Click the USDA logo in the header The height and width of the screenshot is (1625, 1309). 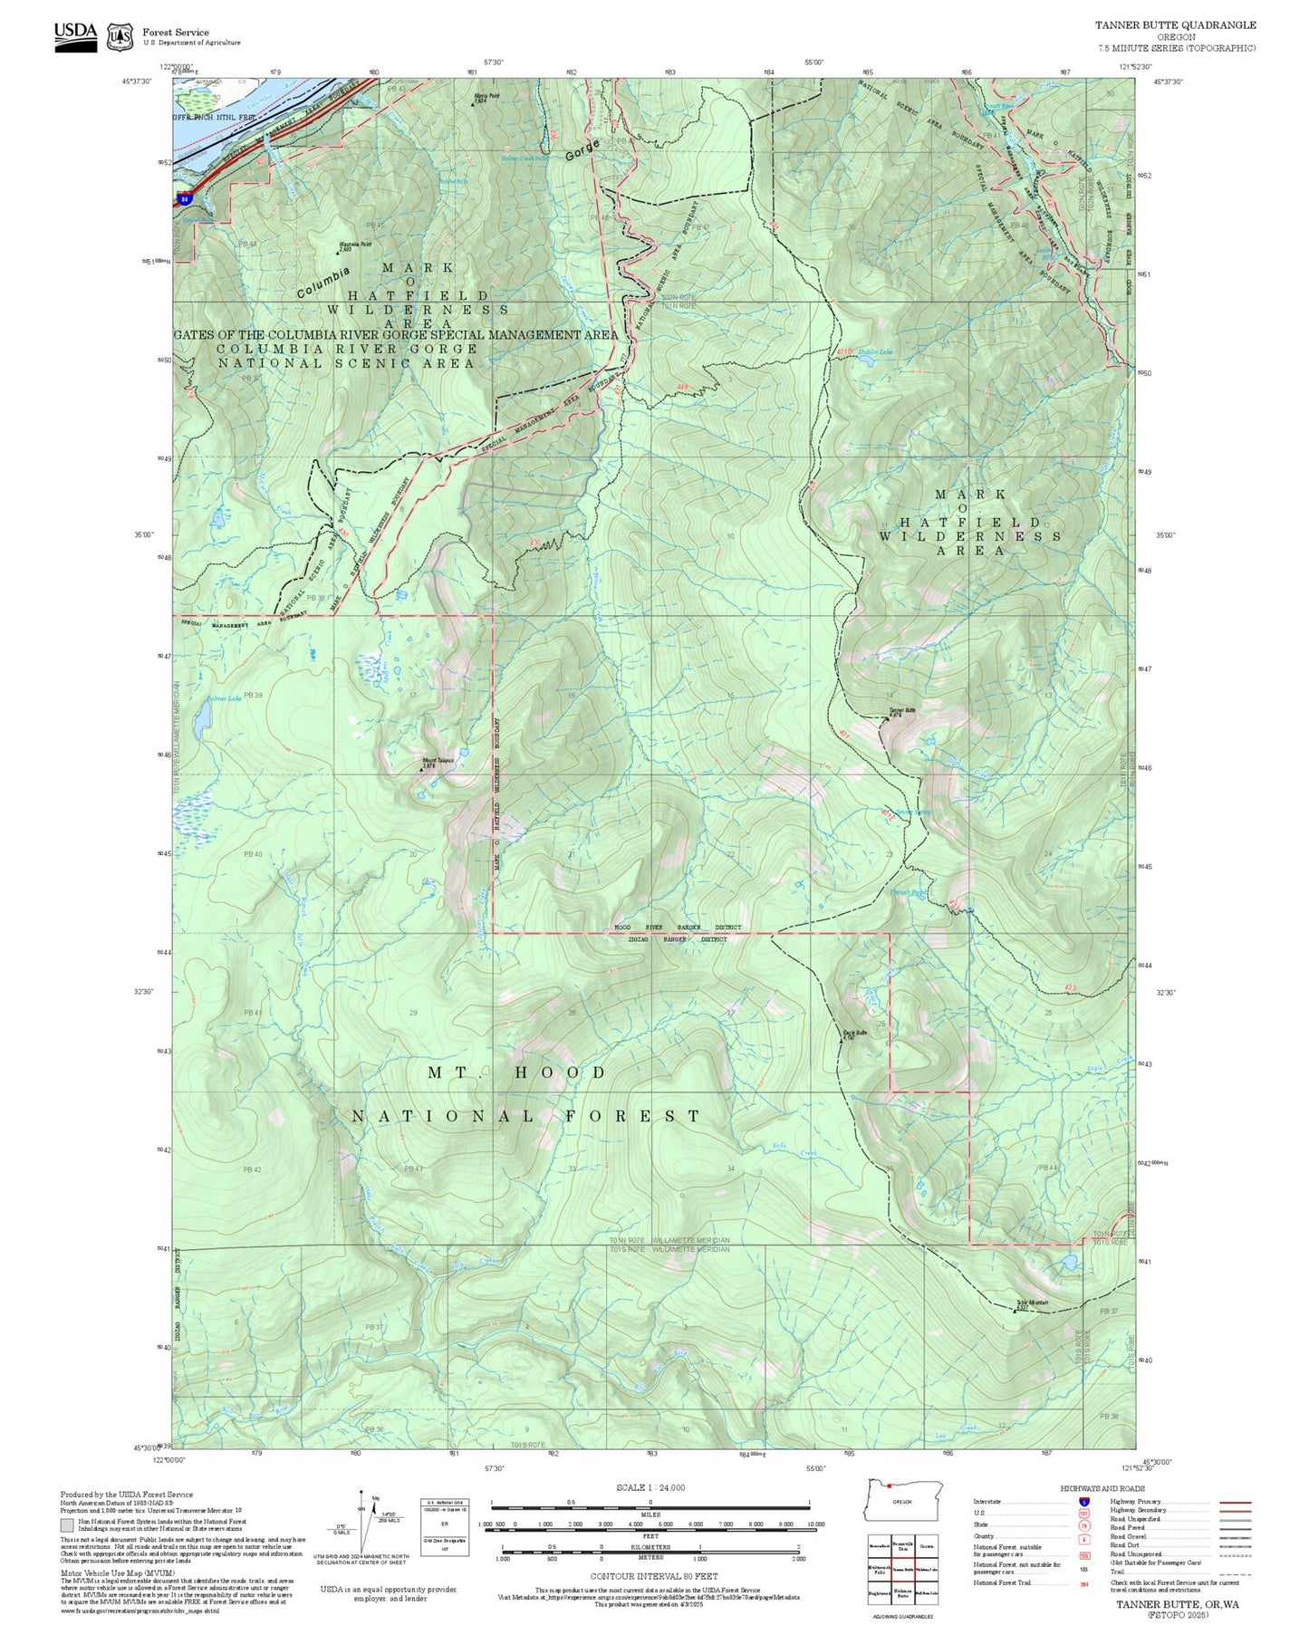click(x=75, y=35)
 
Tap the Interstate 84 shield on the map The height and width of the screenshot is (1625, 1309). click(x=185, y=197)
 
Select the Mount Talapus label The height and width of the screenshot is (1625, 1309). click(x=438, y=760)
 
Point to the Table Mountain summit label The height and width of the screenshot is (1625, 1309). click(x=1032, y=1303)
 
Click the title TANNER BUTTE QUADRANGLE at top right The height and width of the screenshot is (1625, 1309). click(x=1175, y=25)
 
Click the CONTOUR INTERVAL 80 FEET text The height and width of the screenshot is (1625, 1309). click(x=650, y=1576)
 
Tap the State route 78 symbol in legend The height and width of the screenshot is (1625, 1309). click(x=1083, y=1524)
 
